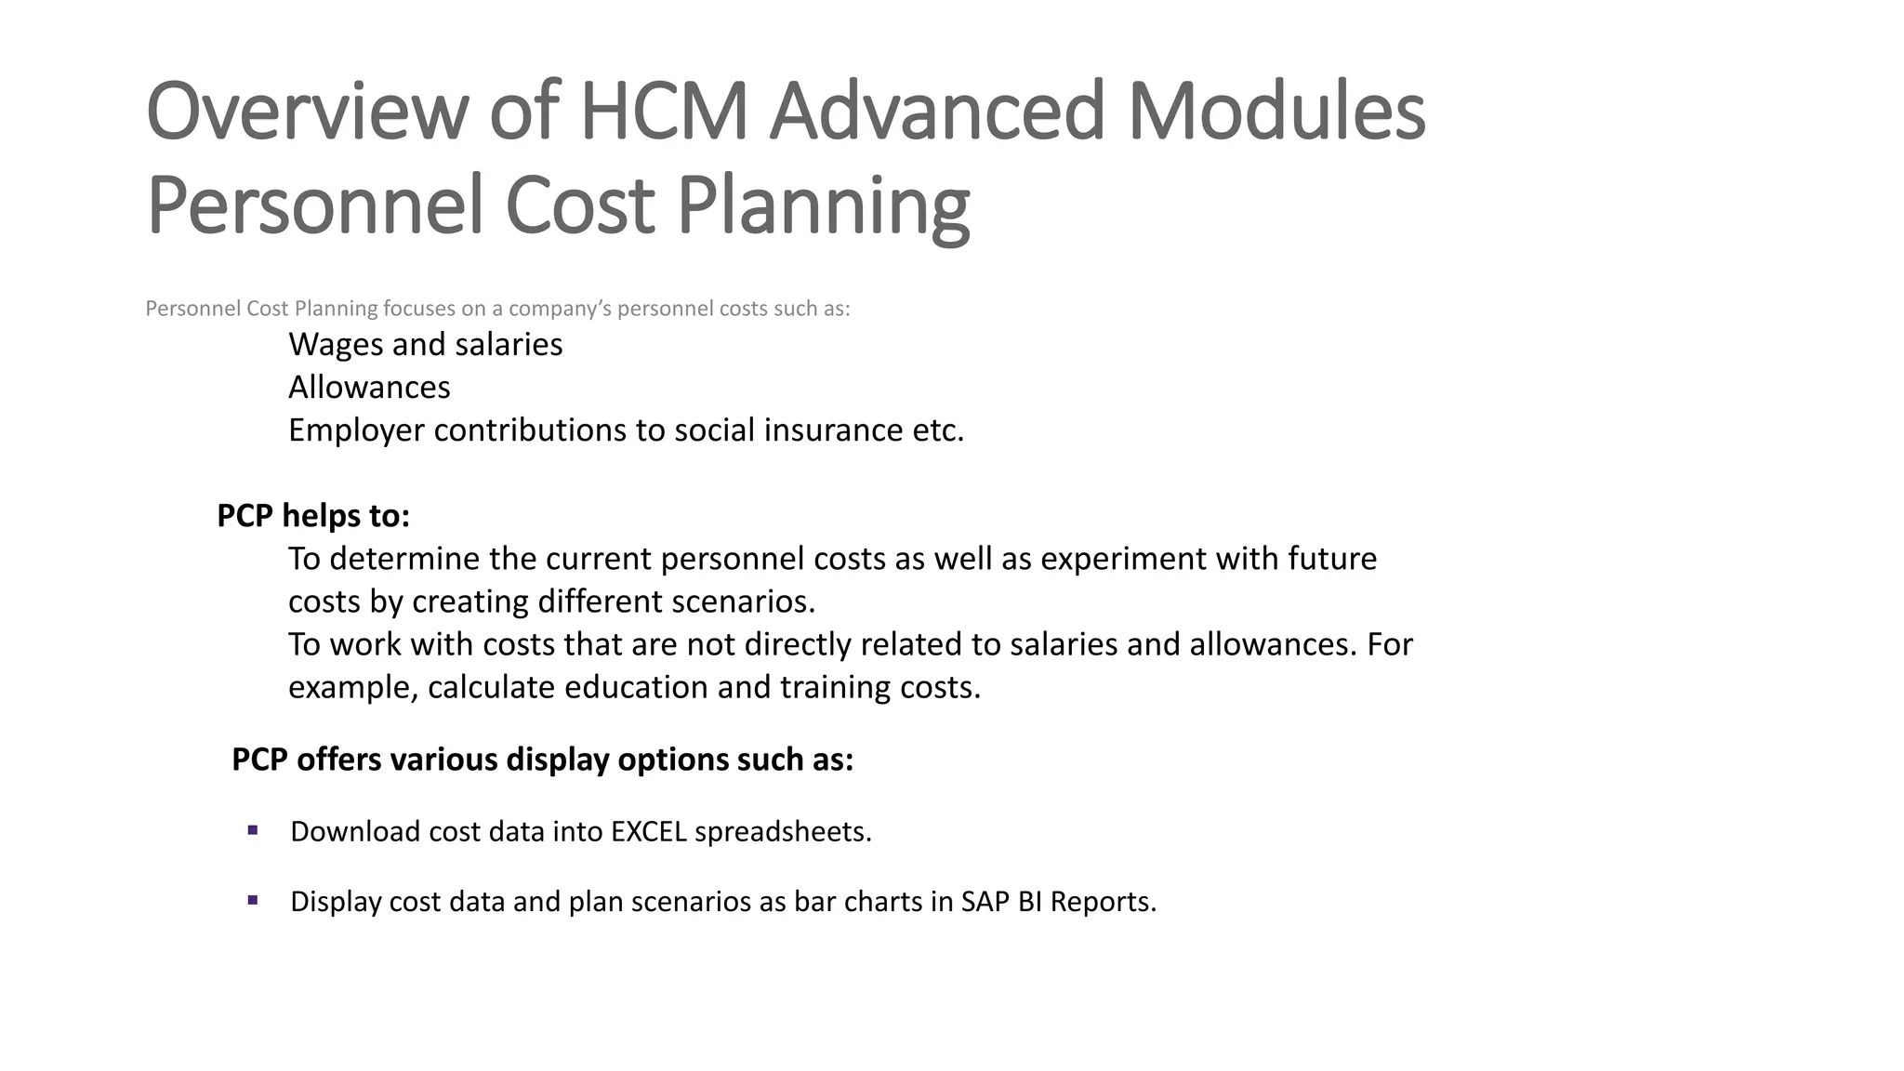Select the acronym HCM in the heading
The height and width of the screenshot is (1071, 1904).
(x=664, y=112)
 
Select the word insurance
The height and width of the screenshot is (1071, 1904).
(x=823, y=430)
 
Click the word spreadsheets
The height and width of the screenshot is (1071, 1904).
(x=783, y=831)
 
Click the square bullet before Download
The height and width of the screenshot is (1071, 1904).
(x=253, y=830)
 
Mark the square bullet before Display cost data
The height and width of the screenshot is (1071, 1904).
(x=253, y=900)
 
